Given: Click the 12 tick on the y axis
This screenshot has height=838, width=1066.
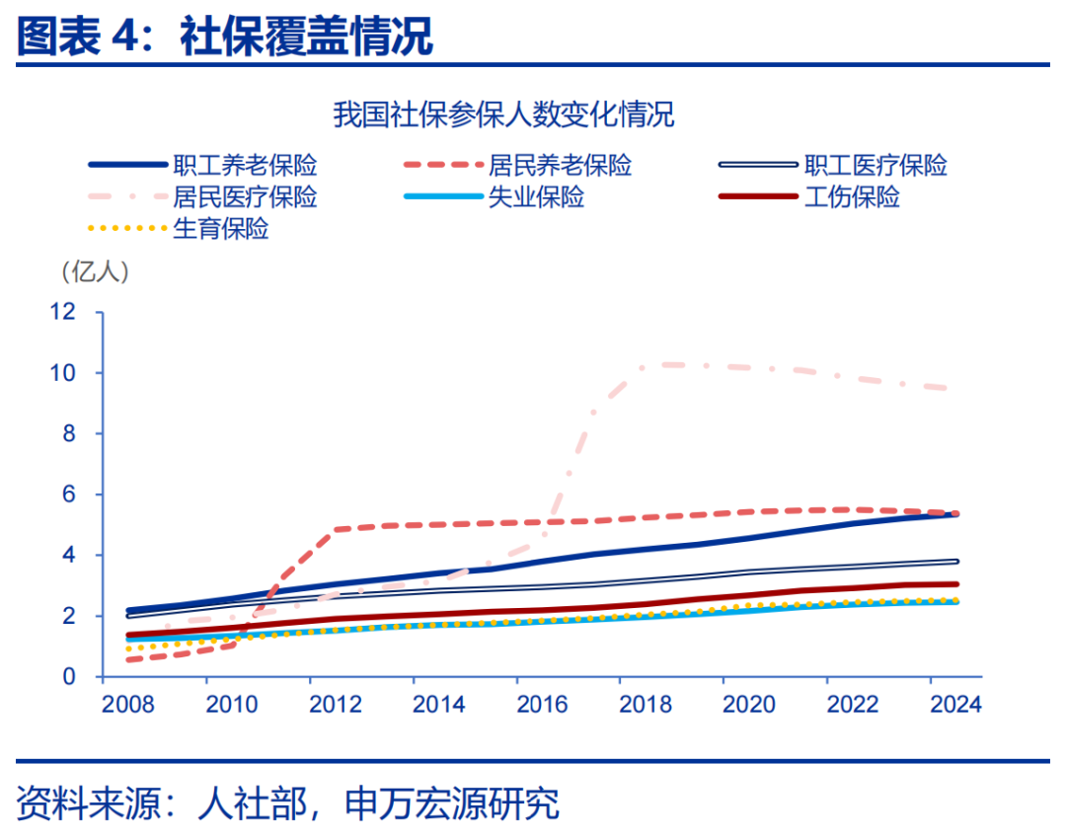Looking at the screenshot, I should pyautogui.click(x=62, y=312).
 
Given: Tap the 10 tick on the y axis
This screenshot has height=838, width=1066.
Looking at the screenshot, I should pyautogui.click(x=62, y=373).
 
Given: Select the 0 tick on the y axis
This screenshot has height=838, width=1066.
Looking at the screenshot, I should pyautogui.click(x=68, y=677).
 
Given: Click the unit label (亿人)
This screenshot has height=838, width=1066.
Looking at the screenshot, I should pyautogui.click(x=95, y=270).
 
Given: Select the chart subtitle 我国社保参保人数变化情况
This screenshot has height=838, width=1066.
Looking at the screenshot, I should pyautogui.click(x=503, y=114).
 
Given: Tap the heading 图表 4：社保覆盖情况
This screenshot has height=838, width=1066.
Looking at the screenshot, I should pyautogui.click(x=225, y=38).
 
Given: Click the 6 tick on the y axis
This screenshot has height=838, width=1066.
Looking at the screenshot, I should pyautogui.click(x=68, y=495).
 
